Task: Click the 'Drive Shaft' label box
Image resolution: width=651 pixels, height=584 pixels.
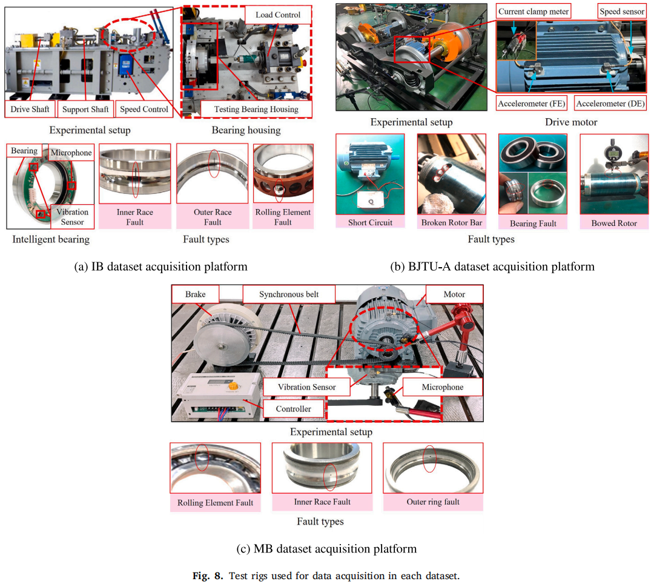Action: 30,109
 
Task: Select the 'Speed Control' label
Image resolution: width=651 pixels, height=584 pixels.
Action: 144,109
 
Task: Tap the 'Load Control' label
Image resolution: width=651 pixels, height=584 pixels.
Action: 278,15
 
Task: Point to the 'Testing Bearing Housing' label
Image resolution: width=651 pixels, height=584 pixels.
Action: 256,109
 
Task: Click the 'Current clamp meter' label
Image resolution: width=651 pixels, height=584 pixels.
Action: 534,12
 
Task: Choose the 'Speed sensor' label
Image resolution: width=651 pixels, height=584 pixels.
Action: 621,12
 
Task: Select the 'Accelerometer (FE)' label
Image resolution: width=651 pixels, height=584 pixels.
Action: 532,104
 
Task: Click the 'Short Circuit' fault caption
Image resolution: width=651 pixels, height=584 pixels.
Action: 371,222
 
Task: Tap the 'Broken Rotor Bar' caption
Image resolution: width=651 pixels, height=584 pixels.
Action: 452,222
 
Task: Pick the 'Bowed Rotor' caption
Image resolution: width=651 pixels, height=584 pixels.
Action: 614,223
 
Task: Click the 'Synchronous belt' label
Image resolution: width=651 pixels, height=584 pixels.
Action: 289,294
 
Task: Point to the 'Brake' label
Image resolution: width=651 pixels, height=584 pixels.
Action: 195,294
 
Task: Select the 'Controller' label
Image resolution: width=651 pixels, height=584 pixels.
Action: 293,409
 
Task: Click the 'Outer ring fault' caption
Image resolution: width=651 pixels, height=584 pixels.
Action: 433,502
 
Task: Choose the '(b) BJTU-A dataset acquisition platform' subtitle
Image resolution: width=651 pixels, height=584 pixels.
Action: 492,266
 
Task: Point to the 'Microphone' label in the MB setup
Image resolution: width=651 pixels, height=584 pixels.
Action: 443,387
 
